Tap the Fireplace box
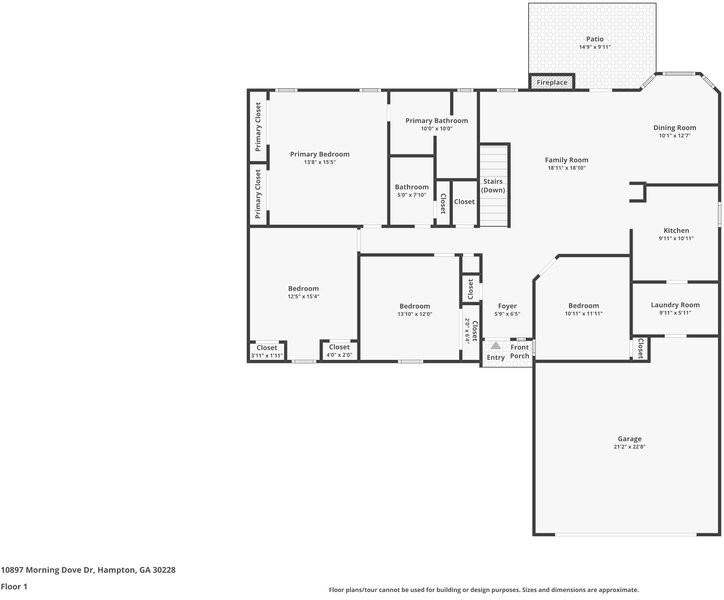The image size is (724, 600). pyautogui.click(x=552, y=82)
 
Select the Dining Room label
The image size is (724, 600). pyautogui.click(x=674, y=128)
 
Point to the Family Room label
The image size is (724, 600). pyautogui.click(x=566, y=160)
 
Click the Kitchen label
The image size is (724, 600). pyautogui.click(x=676, y=230)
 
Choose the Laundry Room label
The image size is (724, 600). pyautogui.click(x=675, y=305)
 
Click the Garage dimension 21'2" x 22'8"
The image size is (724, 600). pyautogui.click(x=629, y=447)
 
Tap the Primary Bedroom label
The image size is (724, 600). pyautogui.click(x=319, y=154)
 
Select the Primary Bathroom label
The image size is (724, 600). pyautogui.click(x=436, y=121)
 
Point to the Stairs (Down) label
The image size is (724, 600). pyautogui.click(x=493, y=186)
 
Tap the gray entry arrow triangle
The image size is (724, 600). pyautogui.click(x=494, y=345)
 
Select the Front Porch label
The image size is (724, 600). pyautogui.click(x=520, y=352)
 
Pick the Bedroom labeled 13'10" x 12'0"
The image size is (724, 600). pyautogui.click(x=414, y=306)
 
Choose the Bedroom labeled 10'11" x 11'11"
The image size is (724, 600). pyautogui.click(x=583, y=306)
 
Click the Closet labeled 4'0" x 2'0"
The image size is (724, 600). pyautogui.click(x=339, y=347)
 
